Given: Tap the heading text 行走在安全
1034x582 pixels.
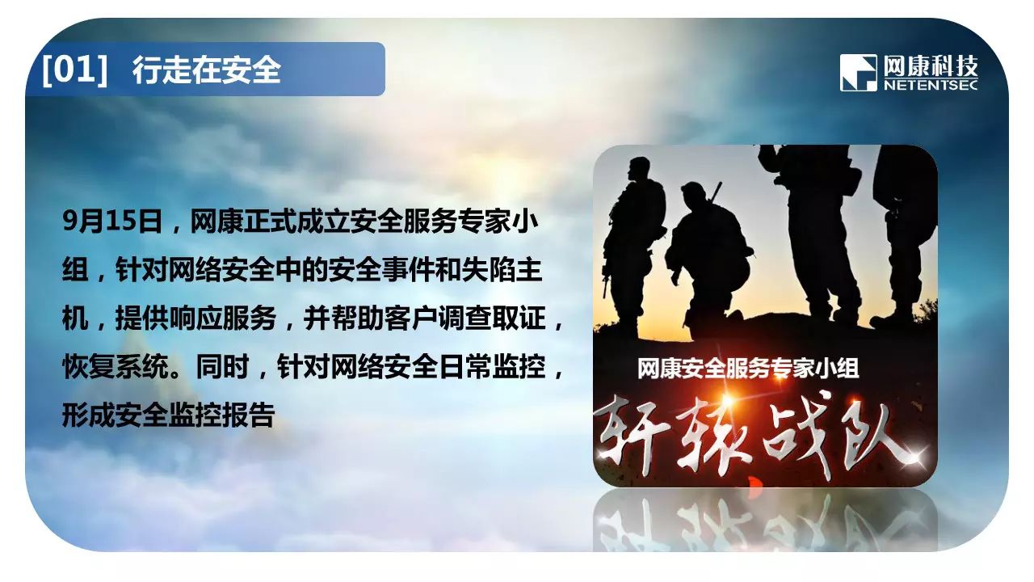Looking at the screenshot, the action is (207, 70).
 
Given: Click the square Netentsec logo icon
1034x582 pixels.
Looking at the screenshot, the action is (859, 73).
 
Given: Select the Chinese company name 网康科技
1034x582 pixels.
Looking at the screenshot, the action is (931, 67).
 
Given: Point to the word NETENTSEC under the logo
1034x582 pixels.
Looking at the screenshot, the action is (931, 86).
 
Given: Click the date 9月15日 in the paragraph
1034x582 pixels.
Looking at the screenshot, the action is (112, 221).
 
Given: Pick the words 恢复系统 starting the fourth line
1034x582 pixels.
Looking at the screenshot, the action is (116, 366).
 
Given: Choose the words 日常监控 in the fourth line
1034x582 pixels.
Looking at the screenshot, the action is (493, 366).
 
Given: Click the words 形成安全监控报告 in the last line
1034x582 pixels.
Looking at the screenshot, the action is (169, 415).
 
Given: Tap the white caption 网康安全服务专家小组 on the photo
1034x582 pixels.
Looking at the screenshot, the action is (748, 368).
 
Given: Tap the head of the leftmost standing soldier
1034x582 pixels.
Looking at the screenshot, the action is (639, 169).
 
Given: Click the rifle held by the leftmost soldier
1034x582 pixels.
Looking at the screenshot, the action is (606, 277).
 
